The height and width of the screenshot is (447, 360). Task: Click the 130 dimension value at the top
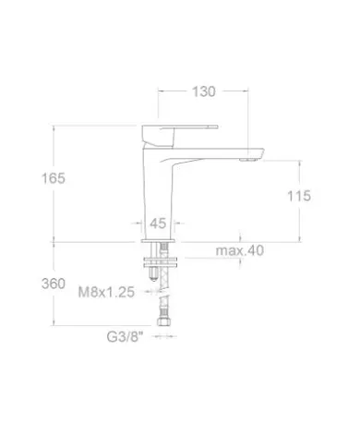203,91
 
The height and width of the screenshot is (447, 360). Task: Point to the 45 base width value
157,223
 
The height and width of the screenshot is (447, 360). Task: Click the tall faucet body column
158,185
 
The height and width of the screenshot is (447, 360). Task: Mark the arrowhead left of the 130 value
164,91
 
